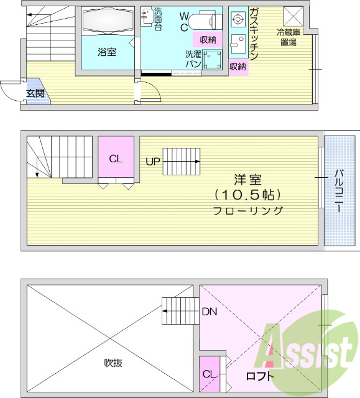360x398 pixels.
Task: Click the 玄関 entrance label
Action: coord(35,93)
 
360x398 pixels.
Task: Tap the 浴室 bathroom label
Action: coord(107,52)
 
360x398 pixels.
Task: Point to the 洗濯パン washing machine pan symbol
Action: coord(213,60)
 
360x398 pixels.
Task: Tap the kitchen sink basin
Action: coord(238,44)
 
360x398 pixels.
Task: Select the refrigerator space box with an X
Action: coord(293,16)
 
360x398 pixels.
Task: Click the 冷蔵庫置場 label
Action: coord(288,37)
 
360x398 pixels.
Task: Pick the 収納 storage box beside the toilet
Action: coord(208,39)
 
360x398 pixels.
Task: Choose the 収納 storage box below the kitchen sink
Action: coord(238,67)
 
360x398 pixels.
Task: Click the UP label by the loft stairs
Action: coord(153,162)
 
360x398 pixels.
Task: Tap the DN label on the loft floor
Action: coord(210,312)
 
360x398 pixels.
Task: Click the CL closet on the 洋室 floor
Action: coord(116,157)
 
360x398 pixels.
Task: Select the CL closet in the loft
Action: coord(210,374)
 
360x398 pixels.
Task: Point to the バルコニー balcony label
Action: coord(339,191)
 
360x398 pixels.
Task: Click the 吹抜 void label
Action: coord(113,363)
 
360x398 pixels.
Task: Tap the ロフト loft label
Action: coord(260,376)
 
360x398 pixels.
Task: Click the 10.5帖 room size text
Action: coord(247,195)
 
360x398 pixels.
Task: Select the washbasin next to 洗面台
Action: coord(147,16)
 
